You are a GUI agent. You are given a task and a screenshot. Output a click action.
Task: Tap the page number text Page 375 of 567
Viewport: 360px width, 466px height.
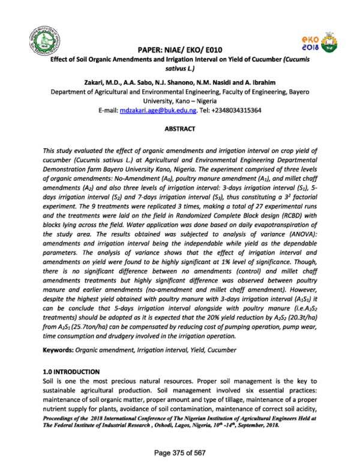[x=179, y=452]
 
